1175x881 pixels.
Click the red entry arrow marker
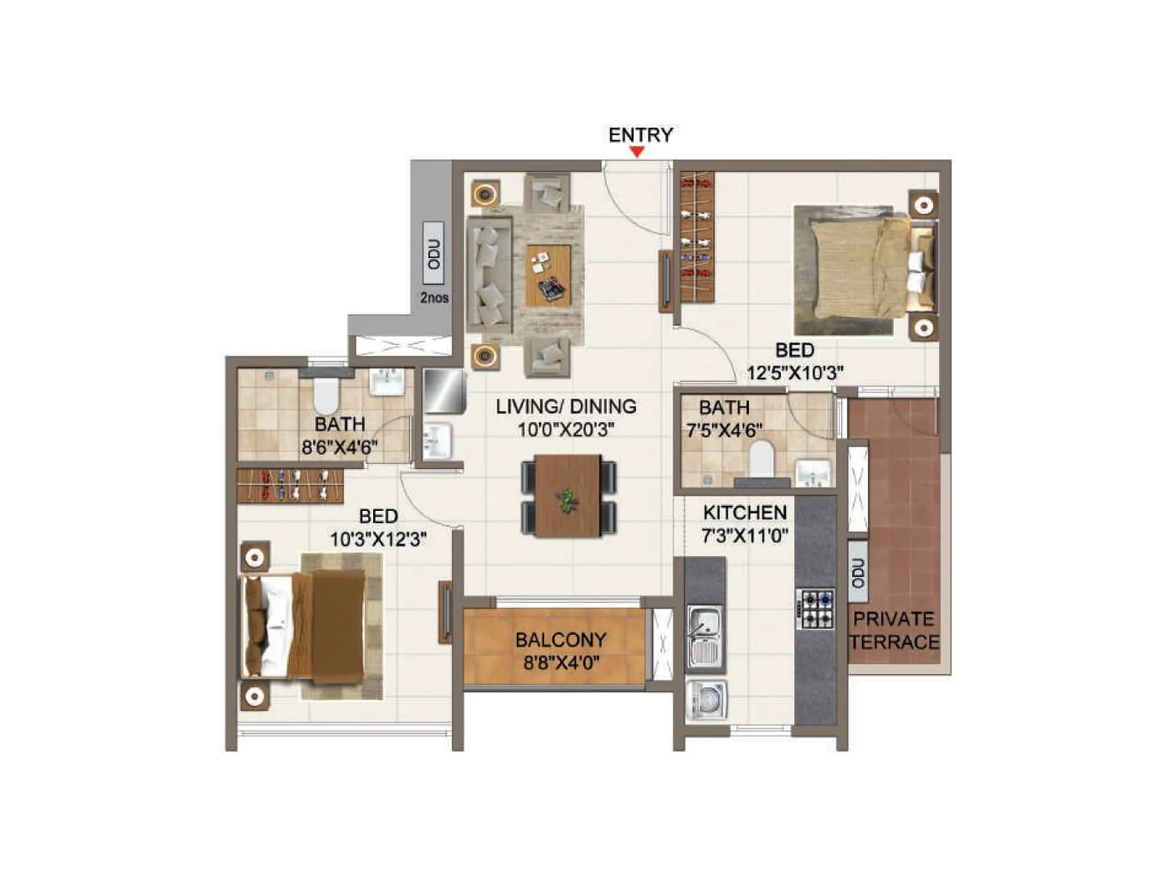(637, 152)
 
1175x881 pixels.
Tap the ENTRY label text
(640, 135)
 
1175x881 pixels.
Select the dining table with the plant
(568, 496)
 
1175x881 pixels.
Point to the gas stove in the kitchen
(816, 609)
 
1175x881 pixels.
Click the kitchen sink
(705, 637)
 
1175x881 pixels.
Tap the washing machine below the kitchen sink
(706, 700)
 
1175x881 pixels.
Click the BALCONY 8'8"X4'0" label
(561, 650)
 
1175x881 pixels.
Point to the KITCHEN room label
(745, 512)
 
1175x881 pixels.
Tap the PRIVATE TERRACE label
(894, 630)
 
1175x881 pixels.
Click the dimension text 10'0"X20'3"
(566, 429)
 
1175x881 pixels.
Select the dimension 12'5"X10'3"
(795, 372)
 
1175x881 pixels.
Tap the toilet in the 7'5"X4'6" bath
(762, 459)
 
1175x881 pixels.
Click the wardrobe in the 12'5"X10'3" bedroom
(697, 236)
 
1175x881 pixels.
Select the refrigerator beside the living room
(444, 391)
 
